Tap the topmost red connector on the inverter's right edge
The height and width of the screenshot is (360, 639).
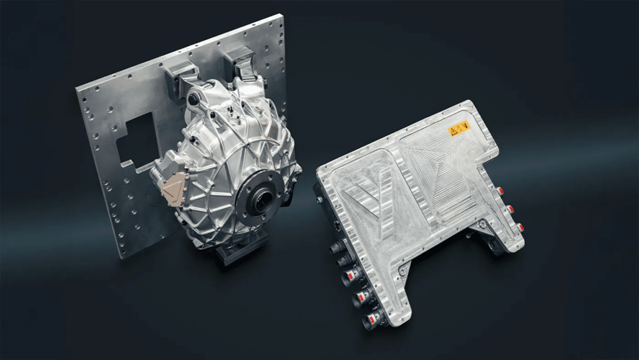pyautogui.click(x=500, y=189)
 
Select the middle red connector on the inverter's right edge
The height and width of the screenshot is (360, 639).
pyautogui.click(x=510, y=209)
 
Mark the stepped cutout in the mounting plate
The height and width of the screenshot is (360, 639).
pyautogui.click(x=134, y=141)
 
